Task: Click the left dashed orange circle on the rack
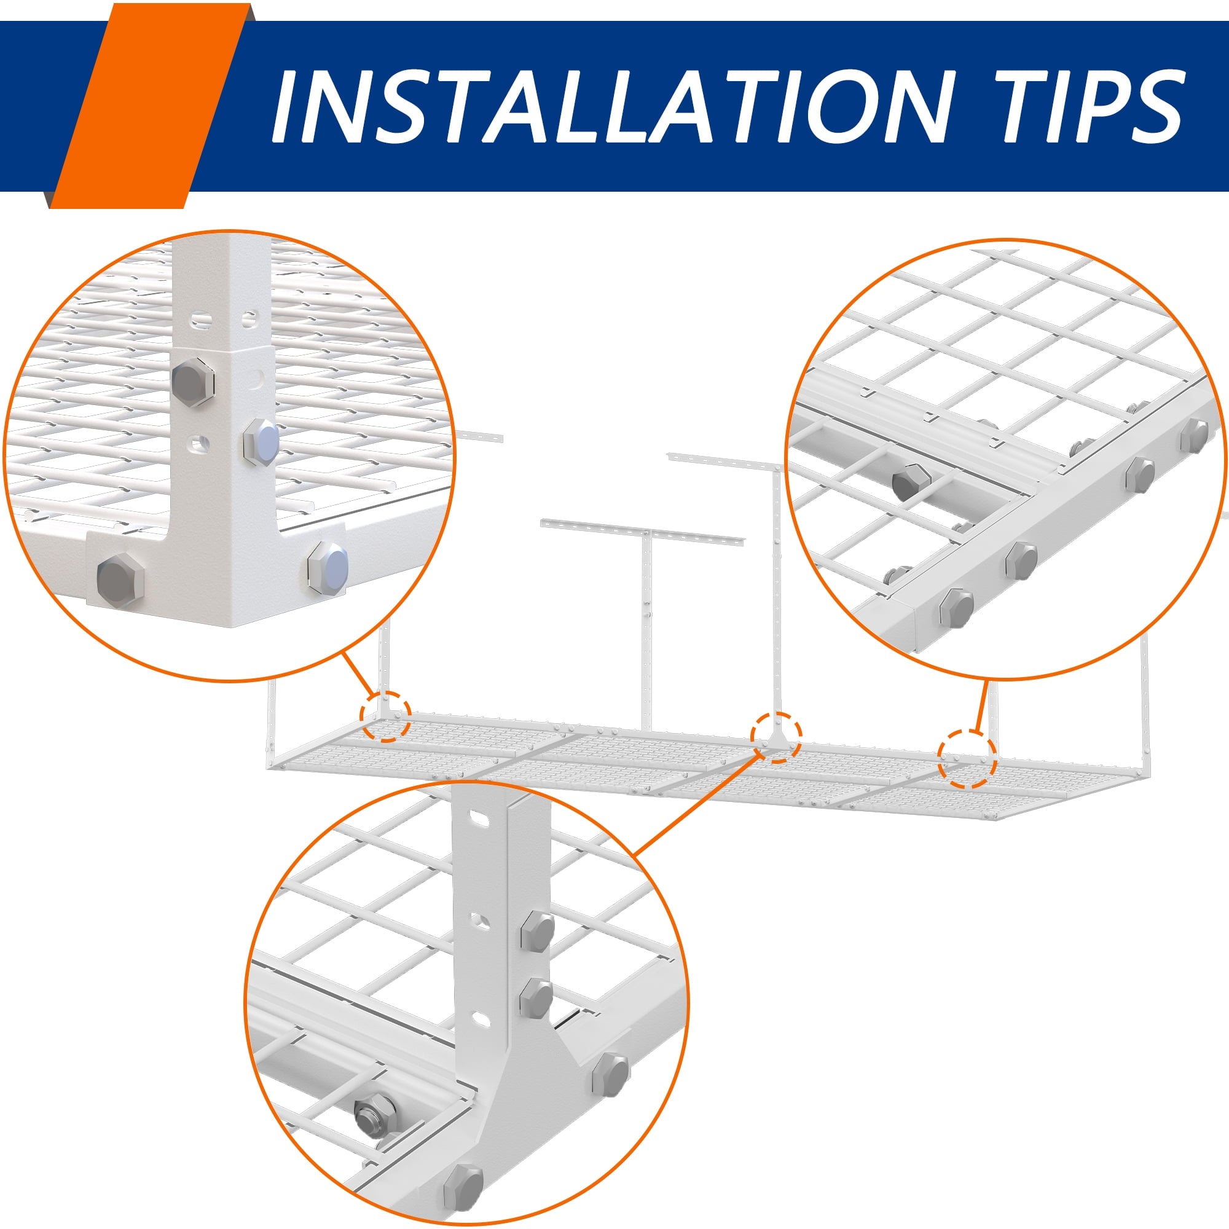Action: pyautogui.click(x=385, y=715)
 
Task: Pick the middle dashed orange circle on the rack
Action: pyautogui.click(x=776, y=737)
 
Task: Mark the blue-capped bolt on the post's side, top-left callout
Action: pyautogui.click(x=261, y=439)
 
